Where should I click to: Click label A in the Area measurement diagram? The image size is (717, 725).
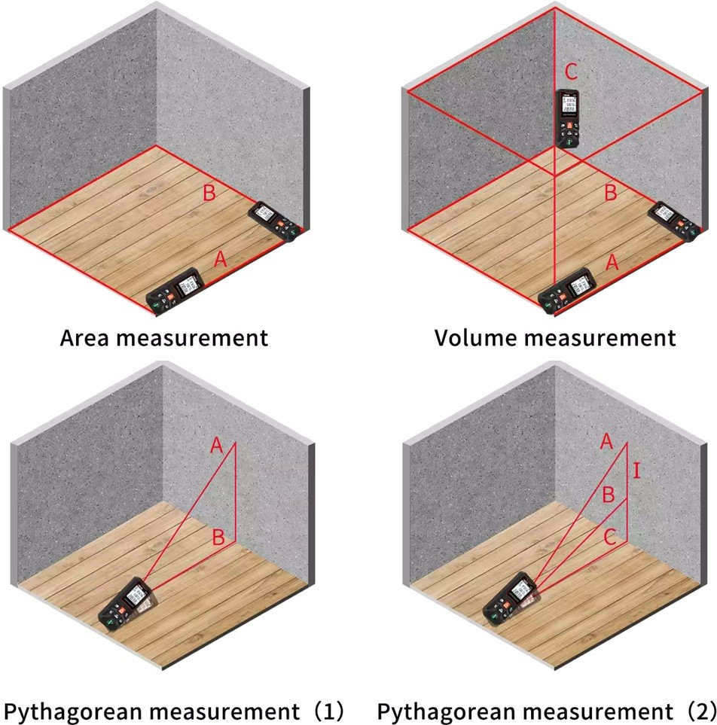tap(220, 260)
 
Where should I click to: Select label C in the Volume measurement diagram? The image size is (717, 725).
tap(572, 72)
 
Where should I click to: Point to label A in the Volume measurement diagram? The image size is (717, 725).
tap(612, 262)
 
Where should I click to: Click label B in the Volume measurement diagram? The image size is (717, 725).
tap(610, 193)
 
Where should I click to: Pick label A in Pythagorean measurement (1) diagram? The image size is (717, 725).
tap(217, 446)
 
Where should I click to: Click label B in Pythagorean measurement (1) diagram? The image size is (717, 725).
tap(218, 538)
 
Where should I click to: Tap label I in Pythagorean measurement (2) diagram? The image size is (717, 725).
tap(637, 472)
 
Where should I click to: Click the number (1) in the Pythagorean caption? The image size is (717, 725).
tap(328, 710)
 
